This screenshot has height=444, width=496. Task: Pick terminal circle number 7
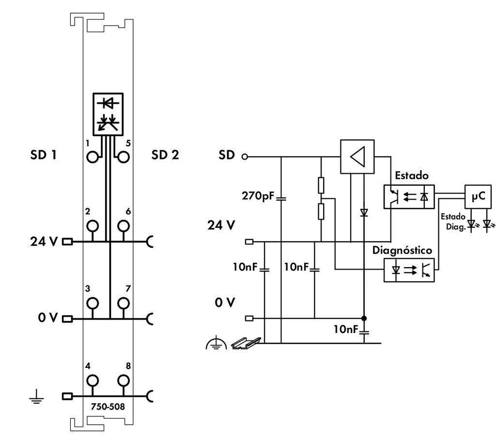pyautogui.click(x=124, y=303)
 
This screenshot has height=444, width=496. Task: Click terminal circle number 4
pyautogui.click(x=93, y=380)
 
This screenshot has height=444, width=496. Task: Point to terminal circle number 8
pyautogui.click(x=124, y=380)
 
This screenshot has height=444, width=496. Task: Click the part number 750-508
pyautogui.click(x=108, y=407)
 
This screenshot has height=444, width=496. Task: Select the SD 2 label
pyautogui.click(x=165, y=155)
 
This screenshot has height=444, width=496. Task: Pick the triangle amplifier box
pyautogui.click(x=357, y=157)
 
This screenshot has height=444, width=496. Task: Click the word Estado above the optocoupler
pyautogui.click(x=412, y=175)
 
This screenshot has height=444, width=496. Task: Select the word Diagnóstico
pyautogui.click(x=402, y=250)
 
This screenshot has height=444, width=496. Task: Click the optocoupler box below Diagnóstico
pyautogui.click(x=409, y=270)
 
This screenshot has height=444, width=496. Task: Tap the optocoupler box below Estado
pyautogui.click(x=409, y=196)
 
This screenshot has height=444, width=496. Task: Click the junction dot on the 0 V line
pyautogui.click(x=364, y=318)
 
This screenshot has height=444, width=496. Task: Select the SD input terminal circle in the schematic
pyautogui.click(x=245, y=157)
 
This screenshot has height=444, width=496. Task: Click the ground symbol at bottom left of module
pyautogui.click(x=35, y=398)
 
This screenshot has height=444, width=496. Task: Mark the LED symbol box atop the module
pyautogui.click(x=108, y=114)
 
